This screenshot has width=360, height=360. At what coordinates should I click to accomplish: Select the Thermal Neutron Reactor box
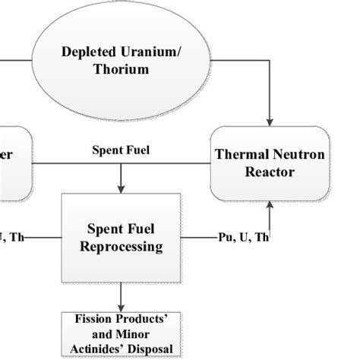[270, 164]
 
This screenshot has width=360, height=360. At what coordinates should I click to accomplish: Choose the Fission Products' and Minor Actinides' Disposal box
[122, 334]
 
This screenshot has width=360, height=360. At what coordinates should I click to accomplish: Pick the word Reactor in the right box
[270, 173]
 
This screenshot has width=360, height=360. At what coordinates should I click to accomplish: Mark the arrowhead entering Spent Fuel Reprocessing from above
[122, 189]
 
